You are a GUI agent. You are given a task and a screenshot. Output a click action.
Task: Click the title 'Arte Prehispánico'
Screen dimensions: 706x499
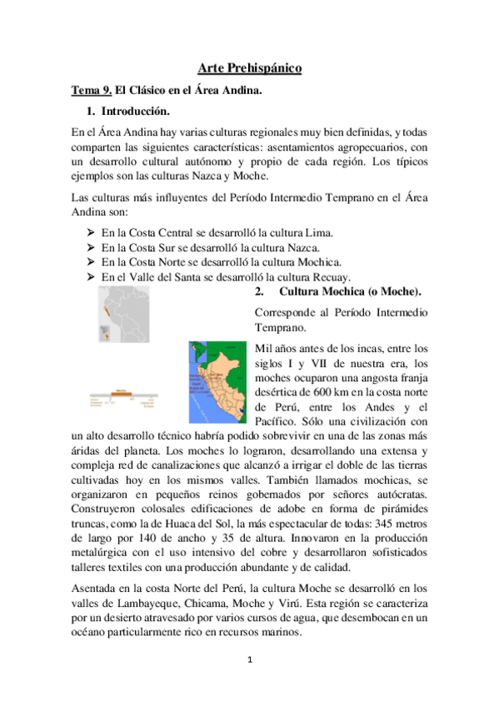(x=249, y=70)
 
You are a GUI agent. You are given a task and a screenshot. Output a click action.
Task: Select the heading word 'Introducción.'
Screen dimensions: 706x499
(x=135, y=111)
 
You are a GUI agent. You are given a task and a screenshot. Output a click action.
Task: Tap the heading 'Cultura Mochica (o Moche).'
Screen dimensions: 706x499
(x=351, y=292)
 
